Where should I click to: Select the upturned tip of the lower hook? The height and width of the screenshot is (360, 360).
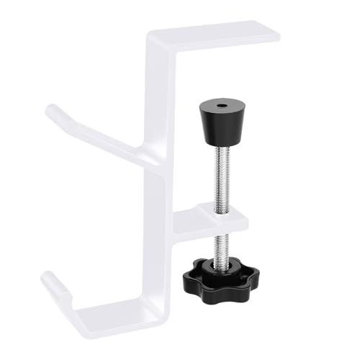[49, 277]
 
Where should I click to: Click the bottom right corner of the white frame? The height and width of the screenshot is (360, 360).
[171, 320]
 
